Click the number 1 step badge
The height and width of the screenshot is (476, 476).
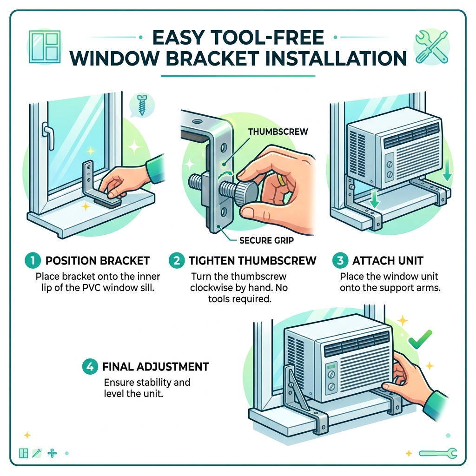[x=33, y=260]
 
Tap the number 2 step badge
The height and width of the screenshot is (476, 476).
[x=176, y=260]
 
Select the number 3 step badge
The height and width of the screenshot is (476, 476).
[x=340, y=260]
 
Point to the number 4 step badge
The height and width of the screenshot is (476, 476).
[x=90, y=366]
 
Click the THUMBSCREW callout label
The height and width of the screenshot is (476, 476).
[x=278, y=132]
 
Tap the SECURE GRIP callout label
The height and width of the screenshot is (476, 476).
[x=266, y=240]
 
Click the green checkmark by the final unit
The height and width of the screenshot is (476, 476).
[x=420, y=339]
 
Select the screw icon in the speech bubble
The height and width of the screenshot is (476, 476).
[x=142, y=105]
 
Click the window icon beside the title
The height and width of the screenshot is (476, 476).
[x=45, y=47]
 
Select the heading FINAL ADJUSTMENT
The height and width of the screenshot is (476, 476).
[x=155, y=367]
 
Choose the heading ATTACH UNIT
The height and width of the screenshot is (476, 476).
[x=388, y=260]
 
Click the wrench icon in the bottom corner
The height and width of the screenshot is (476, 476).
[x=438, y=453]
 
